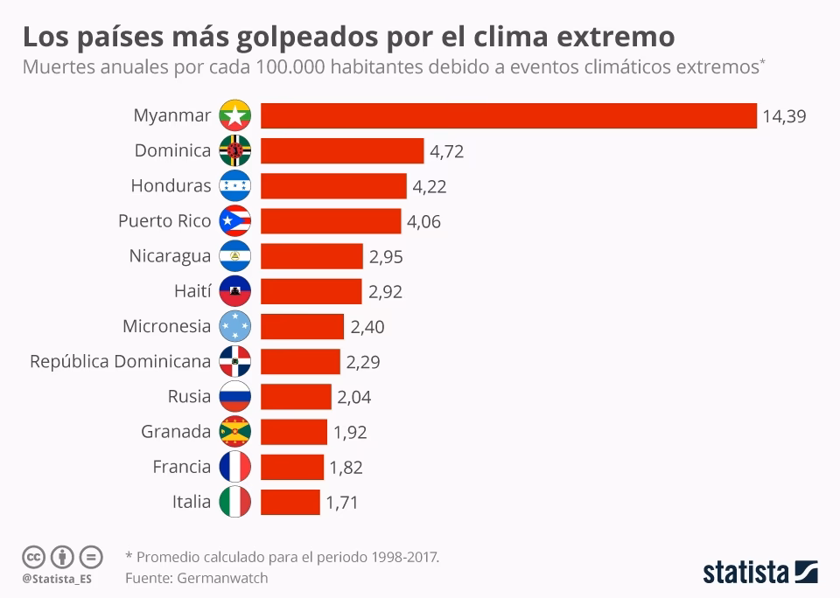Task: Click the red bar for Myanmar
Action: pos(508,115)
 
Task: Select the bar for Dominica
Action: pos(342,151)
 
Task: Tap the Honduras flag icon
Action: pos(235,186)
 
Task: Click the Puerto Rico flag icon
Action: pos(235,221)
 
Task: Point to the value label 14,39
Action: pos(783,116)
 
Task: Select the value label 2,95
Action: pos(385,257)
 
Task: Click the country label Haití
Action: pos(192,291)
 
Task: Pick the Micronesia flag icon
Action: pos(235,326)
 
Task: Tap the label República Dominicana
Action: pos(120,361)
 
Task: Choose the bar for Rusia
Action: pos(296,397)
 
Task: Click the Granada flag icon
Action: pos(235,432)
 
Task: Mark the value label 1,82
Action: pos(346,468)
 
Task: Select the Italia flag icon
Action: pos(235,502)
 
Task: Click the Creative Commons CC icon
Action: pos(33,556)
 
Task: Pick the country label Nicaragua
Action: pos(170,256)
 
